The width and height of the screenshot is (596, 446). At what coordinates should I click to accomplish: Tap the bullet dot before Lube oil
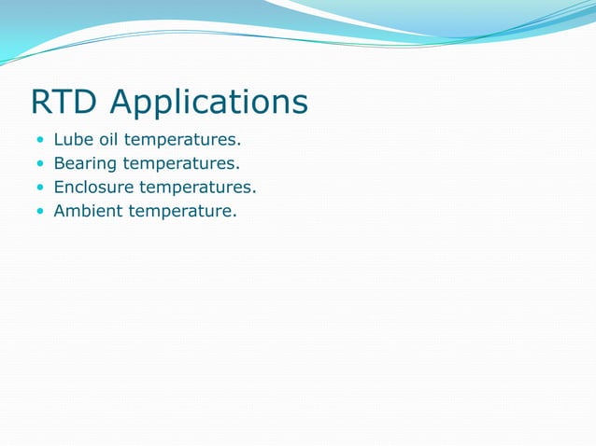click(x=39, y=141)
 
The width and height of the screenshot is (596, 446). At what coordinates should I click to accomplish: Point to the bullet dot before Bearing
click(x=39, y=164)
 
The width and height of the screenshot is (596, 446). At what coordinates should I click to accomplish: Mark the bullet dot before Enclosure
click(x=39, y=188)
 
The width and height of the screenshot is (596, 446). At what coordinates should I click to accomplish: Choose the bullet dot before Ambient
click(x=39, y=212)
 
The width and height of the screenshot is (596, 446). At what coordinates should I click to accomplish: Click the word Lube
click(x=72, y=140)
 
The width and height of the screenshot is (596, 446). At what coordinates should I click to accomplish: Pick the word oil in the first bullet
click(x=107, y=140)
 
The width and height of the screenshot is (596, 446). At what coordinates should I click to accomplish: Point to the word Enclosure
click(x=94, y=188)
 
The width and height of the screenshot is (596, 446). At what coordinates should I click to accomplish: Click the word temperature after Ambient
click(x=180, y=212)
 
